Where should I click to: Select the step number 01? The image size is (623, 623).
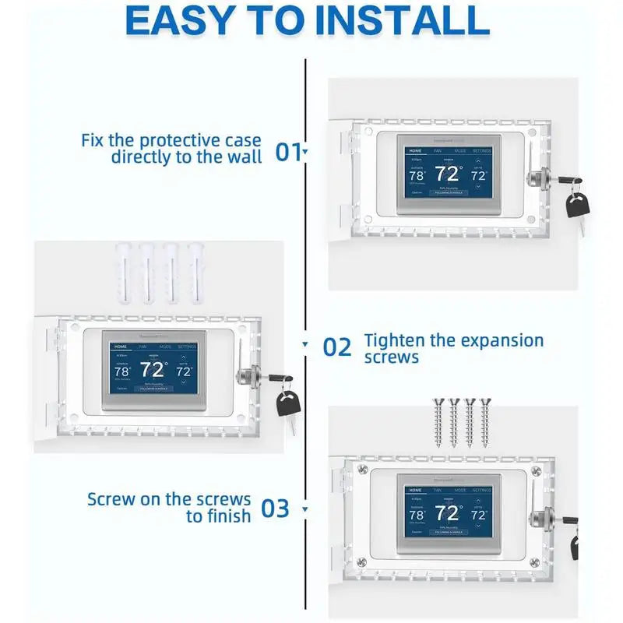pos(287,151)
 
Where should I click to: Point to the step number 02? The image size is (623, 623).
pos(337,347)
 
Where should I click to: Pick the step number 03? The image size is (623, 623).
pos(276,509)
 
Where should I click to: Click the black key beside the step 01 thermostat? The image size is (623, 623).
pos(577,208)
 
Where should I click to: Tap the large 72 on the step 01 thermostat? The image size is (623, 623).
pos(449,173)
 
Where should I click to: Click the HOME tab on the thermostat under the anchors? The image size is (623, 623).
pos(121,346)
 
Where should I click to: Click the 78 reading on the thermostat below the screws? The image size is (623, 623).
pos(416,515)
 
